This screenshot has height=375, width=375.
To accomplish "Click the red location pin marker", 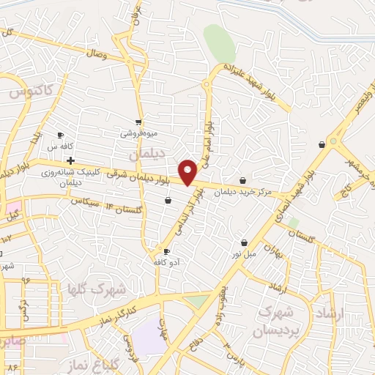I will [x=188, y=172].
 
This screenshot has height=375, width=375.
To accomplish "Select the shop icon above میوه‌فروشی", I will [x=138, y=122].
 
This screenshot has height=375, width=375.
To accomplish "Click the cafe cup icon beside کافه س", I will [x=61, y=135].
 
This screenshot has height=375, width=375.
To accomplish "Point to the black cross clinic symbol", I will [x=70, y=160].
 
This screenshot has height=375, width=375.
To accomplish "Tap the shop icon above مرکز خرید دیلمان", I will [x=243, y=180].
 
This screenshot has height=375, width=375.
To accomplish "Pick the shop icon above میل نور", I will [x=244, y=242].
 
